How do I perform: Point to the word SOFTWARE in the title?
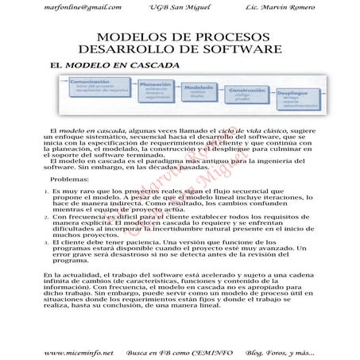tap(239, 49)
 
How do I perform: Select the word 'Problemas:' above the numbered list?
tap(70, 202)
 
